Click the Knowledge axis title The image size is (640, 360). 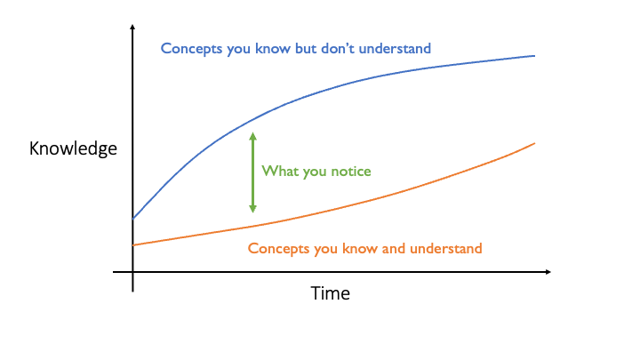pyautogui.click(x=73, y=148)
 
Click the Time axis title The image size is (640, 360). pyautogui.click(x=330, y=293)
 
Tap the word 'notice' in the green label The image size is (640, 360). pyautogui.click(x=350, y=171)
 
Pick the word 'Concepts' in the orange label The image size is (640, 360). pyautogui.click(x=278, y=249)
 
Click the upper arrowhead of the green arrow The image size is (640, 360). pyautogui.click(x=252, y=136)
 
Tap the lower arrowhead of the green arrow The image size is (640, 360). pyautogui.click(x=252, y=208)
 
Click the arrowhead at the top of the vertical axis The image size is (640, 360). pyautogui.click(x=132, y=27)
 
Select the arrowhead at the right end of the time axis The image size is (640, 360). pyautogui.click(x=548, y=271)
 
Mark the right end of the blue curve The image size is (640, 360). pyautogui.click(x=535, y=56)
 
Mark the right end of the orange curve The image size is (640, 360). pyautogui.click(x=535, y=143)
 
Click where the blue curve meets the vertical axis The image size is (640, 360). pyautogui.click(x=132, y=219)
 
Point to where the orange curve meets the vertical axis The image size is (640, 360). pyautogui.click(x=132, y=245)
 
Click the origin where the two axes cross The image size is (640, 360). pyautogui.click(x=132, y=271)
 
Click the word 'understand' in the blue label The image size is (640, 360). pyautogui.click(x=395, y=49)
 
